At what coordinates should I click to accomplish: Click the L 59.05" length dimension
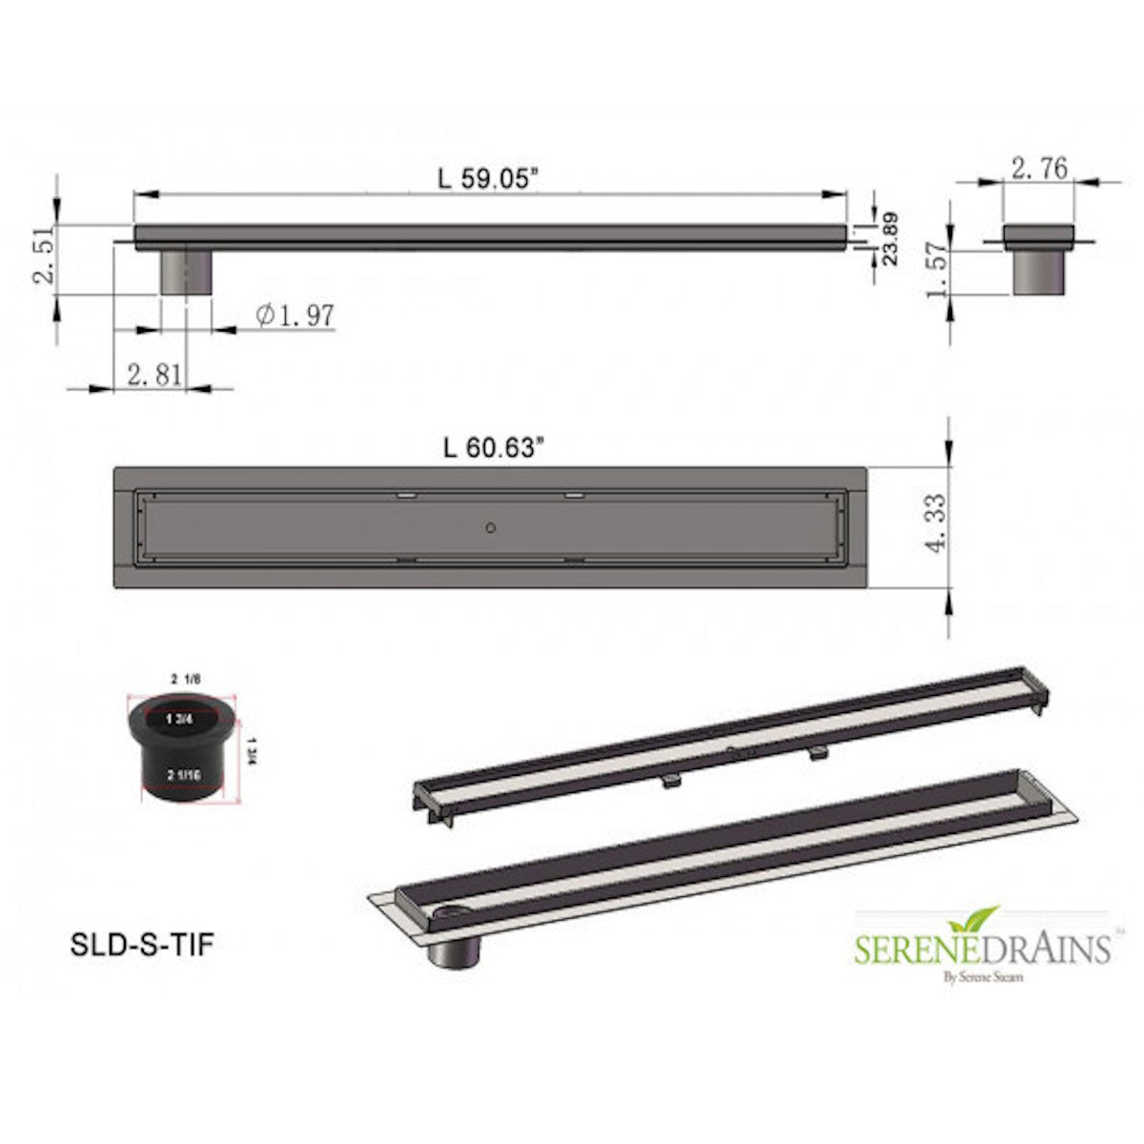pyautogui.click(x=489, y=178)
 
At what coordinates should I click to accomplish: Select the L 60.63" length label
pyautogui.click(x=493, y=448)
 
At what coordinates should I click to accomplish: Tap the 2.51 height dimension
pyautogui.click(x=44, y=256)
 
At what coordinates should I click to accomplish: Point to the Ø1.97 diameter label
pyautogui.click(x=296, y=315)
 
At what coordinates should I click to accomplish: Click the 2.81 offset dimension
pyautogui.click(x=153, y=375)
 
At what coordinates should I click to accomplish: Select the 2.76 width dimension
pyautogui.click(x=1039, y=169)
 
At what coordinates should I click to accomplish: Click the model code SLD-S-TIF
pyautogui.click(x=142, y=944)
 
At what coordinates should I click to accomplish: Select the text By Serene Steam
pyautogui.click(x=982, y=976)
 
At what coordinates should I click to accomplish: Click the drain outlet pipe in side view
pyautogui.click(x=184, y=272)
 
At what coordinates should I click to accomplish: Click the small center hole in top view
pyautogui.click(x=490, y=526)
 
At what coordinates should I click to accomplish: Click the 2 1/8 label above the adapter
pyautogui.click(x=185, y=678)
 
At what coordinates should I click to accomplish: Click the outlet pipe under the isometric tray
pyautogui.click(x=457, y=950)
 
